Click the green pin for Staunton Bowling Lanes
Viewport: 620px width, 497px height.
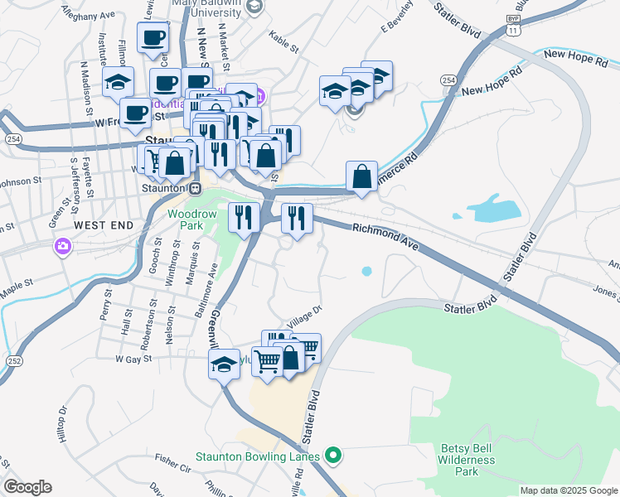(333, 455)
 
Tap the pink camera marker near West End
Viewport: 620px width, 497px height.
(63, 246)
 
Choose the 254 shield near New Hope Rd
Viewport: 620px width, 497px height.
(448, 80)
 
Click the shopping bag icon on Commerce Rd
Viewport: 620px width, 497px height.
(361, 176)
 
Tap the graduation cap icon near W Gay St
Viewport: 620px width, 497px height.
(224, 364)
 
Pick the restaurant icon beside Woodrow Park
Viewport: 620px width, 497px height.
(244, 218)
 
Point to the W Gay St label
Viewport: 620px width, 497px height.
(134, 359)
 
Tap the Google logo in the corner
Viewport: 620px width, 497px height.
(27, 487)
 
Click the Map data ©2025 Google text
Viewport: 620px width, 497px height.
(568, 490)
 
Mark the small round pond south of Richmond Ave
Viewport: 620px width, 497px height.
(366, 270)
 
